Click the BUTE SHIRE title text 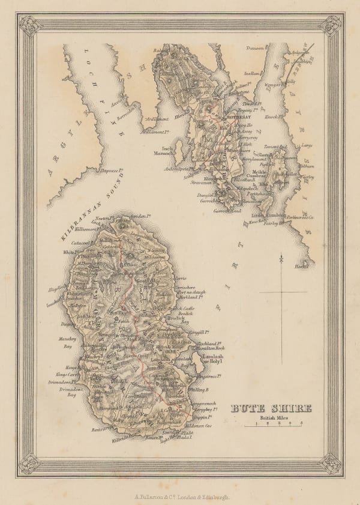click(271, 409)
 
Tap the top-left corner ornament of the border click(28, 25)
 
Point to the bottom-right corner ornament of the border click(331, 463)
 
